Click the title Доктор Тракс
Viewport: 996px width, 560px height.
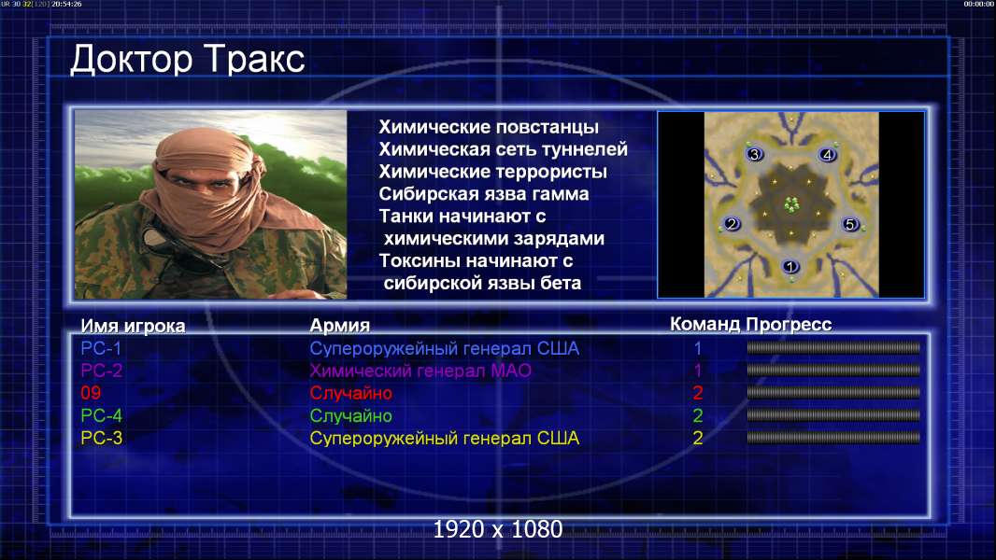[x=188, y=60]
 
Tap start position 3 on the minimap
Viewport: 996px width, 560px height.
[x=755, y=154]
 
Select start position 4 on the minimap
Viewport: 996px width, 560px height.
[x=827, y=154]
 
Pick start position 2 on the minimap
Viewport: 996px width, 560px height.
[x=732, y=223]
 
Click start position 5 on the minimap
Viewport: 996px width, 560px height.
[x=850, y=223]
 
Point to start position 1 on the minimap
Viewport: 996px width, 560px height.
[x=790, y=266]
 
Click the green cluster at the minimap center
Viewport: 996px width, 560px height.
[x=790, y=204]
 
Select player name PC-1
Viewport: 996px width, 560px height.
[x=101, y=348]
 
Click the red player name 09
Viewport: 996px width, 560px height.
[x=91, y=393]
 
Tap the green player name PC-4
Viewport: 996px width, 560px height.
[x=102, y=415]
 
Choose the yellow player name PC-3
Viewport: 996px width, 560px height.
[x=102, y=438]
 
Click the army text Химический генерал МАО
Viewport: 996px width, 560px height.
[x=420, y=371]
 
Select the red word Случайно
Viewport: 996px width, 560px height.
[x=350, y=393]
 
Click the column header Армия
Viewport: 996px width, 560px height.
[x=340, y=326]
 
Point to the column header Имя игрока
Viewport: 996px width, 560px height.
[x=133, y=326]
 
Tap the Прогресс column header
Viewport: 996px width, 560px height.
[x=789, y=324]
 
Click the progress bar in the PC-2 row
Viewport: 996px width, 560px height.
[x=833, y=370]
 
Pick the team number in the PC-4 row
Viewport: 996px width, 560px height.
[x=697, y=415]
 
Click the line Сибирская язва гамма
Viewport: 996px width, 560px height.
[x=484, y=194]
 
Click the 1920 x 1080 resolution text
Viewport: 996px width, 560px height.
[x=498, y=529]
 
